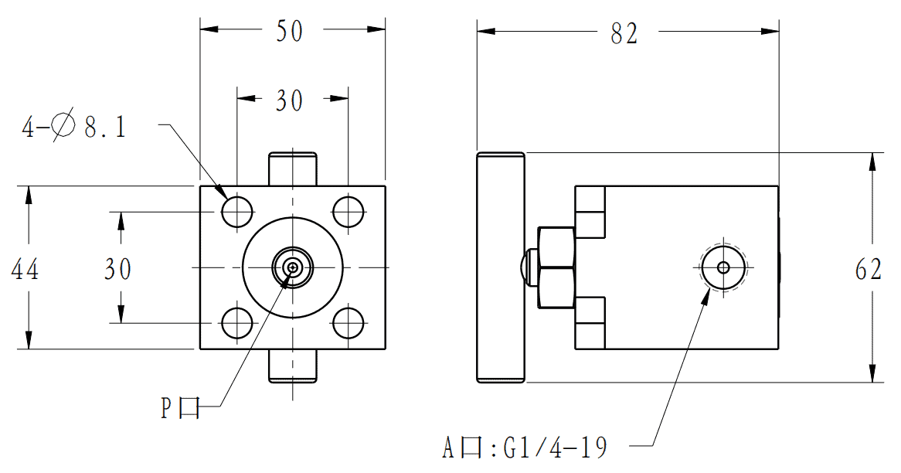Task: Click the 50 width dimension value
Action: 290,31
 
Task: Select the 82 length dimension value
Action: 624,33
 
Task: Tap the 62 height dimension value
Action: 869,269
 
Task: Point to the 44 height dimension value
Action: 25,269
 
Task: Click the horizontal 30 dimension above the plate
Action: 290,100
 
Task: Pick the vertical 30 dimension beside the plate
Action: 118,269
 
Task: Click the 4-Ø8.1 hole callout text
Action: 73,128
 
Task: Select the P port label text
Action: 181,407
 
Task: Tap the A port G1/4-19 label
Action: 525,447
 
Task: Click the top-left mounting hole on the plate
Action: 237,211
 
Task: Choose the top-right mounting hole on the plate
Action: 348,211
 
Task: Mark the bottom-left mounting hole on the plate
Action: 237,323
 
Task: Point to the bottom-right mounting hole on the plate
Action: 348,323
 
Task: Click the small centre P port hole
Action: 293,267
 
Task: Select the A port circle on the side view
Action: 723,267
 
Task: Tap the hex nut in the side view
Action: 556,267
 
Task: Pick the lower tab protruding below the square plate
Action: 293,366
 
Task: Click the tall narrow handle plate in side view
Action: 501,267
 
